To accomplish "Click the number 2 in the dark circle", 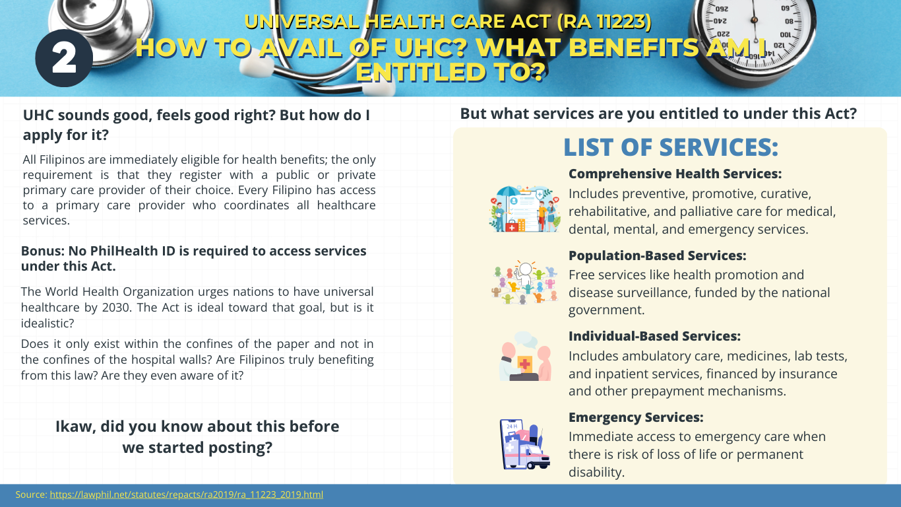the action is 65,58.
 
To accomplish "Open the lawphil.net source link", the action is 186,494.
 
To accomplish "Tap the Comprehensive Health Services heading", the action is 675,174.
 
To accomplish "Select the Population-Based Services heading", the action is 657,255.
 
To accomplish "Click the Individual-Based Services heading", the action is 654,336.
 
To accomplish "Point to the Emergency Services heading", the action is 636,417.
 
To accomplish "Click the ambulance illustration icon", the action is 524,444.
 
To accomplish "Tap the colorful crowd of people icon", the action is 524,282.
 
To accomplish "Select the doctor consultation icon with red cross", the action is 524,356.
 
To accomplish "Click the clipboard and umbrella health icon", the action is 524,209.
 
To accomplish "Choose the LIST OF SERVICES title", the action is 671,147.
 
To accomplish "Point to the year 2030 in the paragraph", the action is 115,308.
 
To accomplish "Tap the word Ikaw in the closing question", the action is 75,427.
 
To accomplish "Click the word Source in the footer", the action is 32,494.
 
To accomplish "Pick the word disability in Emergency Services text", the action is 596,472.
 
